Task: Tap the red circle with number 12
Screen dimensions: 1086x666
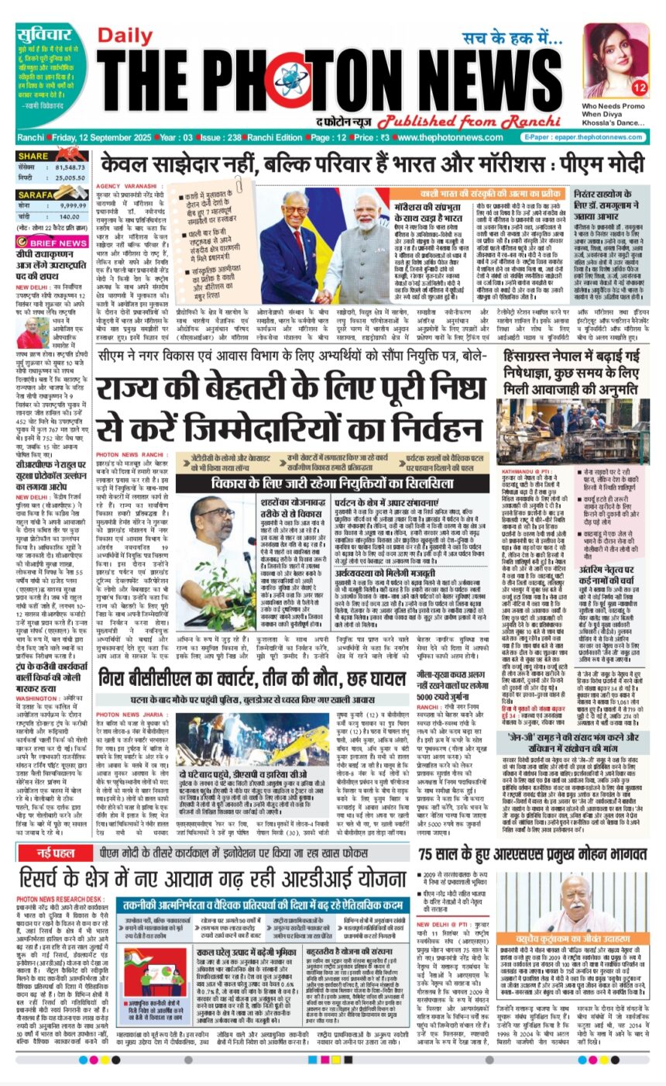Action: point(638,87)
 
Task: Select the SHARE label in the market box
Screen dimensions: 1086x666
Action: point(33,157)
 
